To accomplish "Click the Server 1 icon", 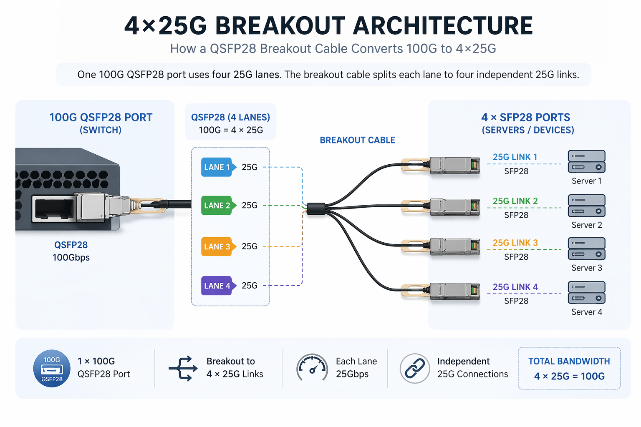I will coord(586,161).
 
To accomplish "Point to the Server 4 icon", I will coord(586,292).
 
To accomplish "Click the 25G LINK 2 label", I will coord(515,201).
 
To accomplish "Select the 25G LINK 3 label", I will coord(515,243).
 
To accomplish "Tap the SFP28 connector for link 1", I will coord(454,165).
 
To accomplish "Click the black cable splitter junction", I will coord(316,208).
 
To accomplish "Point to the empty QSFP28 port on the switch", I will coord(53,208).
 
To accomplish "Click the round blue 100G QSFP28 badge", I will coord(52,368).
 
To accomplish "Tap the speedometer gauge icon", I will coord(312,367).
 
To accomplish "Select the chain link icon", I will coord(414,368).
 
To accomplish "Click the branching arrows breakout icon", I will coord(183,368).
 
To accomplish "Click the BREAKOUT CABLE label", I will coord(357,140).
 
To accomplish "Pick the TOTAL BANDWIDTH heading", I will coord(569,361).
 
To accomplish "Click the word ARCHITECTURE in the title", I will coord(443,26).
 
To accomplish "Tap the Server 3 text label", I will coord(586,268).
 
